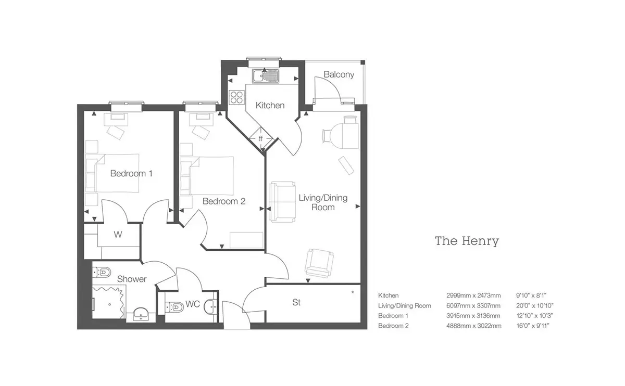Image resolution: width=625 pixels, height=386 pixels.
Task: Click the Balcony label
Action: pyautogui.click(x=339, y=74)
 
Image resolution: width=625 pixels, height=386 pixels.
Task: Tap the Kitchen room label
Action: pyautogui.click(x=270, y=106)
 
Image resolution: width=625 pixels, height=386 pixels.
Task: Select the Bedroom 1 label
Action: pyautogui.click(x=131, y=173)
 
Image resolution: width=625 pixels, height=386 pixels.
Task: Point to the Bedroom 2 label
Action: pyautogui.click(x=224, y=201)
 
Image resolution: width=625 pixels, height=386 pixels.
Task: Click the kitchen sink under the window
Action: pyautogui.click(x=265, y=76)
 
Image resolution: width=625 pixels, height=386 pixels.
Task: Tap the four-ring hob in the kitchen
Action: pyautogui.click(x=236, y=97)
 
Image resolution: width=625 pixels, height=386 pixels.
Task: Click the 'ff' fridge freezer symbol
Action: pyautogui.click(x=260, y=138)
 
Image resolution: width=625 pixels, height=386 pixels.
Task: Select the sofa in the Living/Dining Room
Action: pyautogui.click(x=282, y=202)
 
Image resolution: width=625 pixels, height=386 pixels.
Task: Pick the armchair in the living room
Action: pyautogui.click(x=319, y=263)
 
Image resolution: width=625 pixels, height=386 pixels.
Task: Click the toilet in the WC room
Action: pyautogui.click(x=174, y=307)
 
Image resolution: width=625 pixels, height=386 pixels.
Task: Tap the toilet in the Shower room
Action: pyautogui.click(x=102, y=272)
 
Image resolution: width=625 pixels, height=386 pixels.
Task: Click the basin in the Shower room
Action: pyautogui.click(x=141, y=315)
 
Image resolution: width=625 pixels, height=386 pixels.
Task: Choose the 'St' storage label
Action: pyautogui.click(x=296, y=302)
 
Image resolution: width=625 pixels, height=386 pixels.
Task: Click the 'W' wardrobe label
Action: pyautogui.click(x=118, y=235)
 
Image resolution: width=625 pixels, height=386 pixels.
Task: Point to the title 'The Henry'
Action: pyautogui.click(x=467, y=241)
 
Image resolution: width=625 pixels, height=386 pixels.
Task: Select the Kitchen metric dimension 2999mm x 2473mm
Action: pyautogui.click(x=473, y=295)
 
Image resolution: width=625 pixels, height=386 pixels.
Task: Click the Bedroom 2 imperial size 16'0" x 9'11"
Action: pyautogui.click(x=533, y=326)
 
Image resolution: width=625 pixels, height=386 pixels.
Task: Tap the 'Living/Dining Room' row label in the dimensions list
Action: pyautogui.click(x=405, y=306)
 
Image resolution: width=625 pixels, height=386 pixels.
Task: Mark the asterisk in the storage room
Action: pyautogui.click(x=353, y=292)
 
